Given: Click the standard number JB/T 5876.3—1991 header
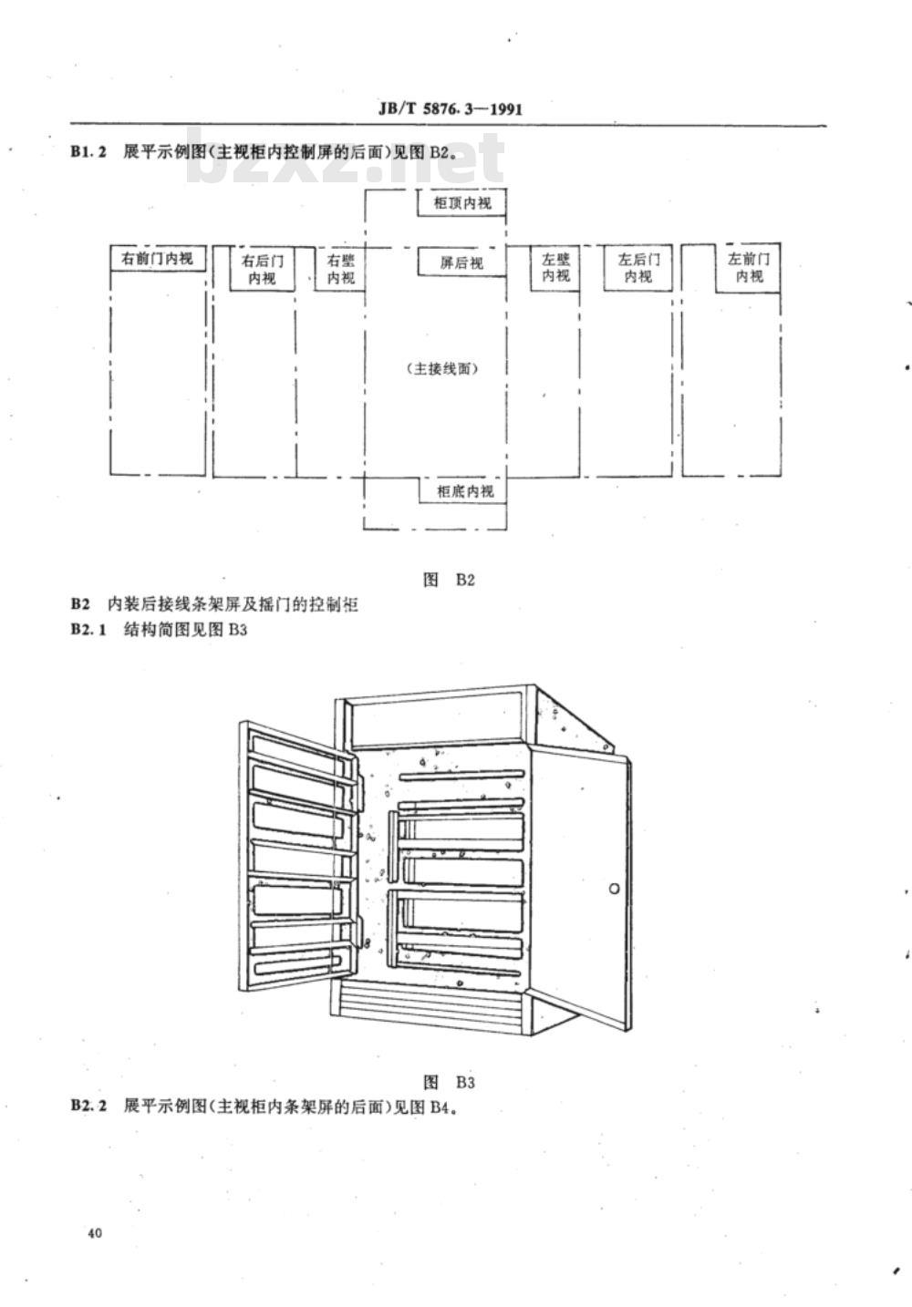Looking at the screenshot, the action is [451, 109].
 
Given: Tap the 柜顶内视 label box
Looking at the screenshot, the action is [461, 202].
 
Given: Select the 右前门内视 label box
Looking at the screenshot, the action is [158, 259].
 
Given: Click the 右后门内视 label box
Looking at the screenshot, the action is [262, 269].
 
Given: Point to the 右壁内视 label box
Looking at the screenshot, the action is [340, 269].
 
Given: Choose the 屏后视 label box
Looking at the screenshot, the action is [461, 262].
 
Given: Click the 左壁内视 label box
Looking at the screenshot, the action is [555, 268].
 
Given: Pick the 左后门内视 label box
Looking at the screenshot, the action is [638, 268].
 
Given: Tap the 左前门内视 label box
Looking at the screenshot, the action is [749, 268].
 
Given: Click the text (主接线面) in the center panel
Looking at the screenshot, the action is [442, 369].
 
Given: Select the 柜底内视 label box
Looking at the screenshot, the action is [463, 490].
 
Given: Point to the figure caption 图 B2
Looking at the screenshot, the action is [449, 580].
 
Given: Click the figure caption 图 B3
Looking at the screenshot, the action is [449, 1083].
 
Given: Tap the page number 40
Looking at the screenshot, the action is [95, 1233].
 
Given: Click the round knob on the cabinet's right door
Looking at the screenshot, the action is [614, 889].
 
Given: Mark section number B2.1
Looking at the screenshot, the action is [88, 630].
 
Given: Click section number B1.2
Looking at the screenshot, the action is [88, 152].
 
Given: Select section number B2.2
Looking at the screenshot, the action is [88, 1106].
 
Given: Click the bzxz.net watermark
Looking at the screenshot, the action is [346, 157].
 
